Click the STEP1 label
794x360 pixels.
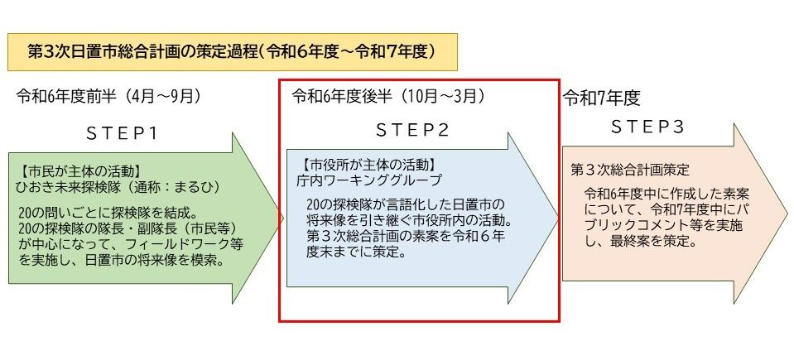123,132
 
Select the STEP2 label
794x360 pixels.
413,130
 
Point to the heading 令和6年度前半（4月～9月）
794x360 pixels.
108,96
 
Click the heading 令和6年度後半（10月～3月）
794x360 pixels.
388,96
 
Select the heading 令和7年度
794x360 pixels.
602,98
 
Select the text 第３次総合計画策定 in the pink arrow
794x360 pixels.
630,169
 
